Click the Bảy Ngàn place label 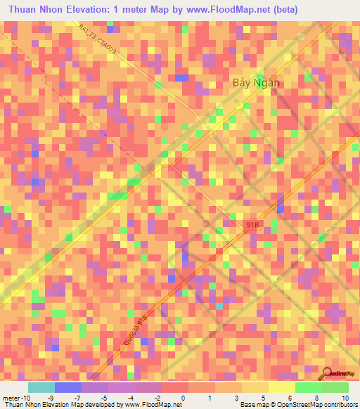click(x=256, y=82)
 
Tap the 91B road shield click(x=255, y=224)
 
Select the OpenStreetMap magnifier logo click(x=328, y=375)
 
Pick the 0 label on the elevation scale click(x=183, y=398)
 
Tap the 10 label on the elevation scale click(x=345, y=398)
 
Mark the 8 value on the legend click(x=317, y=398)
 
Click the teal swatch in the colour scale click(x=41, y=387)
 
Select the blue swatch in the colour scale click(x=67, y=387)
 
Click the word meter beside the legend click(x=12, y=398)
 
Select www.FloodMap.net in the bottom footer click(x=149, y=405)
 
